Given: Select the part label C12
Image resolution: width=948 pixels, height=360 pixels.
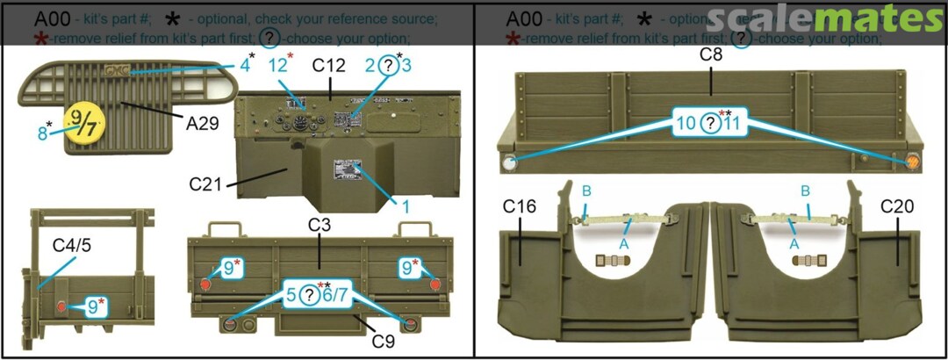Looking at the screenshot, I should point(329,67).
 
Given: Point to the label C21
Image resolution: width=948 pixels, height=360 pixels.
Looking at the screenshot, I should point(207,185).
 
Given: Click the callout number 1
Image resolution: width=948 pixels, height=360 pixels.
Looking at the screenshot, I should point(406,206).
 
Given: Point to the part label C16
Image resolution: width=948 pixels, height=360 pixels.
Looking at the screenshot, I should point(519,206).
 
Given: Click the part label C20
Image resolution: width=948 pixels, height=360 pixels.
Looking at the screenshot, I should point(898,206).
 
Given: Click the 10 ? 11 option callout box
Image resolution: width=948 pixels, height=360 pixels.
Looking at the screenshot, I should point(709,123).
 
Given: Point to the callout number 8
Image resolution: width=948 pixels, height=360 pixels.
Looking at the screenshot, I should point(42,133).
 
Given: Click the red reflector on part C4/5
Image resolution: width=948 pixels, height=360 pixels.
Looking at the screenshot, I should point(61,306).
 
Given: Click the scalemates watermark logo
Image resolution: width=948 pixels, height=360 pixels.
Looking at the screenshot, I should point(824,19).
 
